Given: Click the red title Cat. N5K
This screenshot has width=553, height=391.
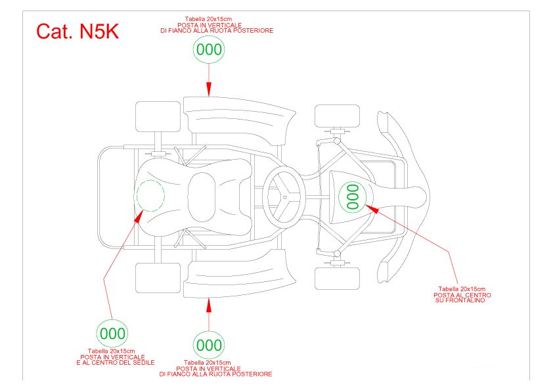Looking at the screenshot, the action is (77, 32).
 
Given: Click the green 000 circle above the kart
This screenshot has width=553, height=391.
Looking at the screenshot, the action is (209, 49).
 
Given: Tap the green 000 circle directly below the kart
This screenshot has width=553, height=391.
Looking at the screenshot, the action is (209, 345).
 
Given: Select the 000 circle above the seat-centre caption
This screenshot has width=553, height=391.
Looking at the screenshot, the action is (112, 333).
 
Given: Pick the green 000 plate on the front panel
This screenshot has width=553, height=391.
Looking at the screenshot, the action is (353, 197).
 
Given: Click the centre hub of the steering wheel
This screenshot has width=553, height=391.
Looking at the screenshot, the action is (285, 197).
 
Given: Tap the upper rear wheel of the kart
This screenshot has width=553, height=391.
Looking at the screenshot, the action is (158, 117).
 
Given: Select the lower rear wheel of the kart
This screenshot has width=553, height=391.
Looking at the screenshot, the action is (158, 278).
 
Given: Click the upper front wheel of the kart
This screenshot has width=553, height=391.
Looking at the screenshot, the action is (337, 116).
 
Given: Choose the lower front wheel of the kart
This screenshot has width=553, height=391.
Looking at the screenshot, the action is (337, 279).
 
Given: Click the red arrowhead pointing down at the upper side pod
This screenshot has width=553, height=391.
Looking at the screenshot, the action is (209, 89).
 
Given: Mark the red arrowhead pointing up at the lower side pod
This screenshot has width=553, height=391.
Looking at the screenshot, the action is (209, 305).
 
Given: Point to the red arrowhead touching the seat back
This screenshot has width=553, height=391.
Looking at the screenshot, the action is (139, 216).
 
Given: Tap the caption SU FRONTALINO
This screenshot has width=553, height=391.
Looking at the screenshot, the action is (460, 300).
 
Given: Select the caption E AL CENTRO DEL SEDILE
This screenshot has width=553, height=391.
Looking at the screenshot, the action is (116, 363).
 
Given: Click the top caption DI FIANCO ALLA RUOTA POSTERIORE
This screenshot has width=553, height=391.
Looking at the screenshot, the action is (217, 31).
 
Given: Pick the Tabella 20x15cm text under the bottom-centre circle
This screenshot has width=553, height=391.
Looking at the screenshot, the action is (207, 363).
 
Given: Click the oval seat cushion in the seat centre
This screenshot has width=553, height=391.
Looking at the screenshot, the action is (202, 197).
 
